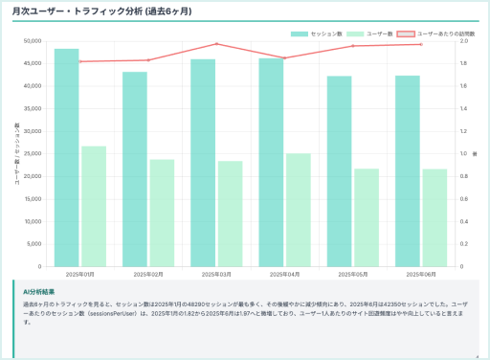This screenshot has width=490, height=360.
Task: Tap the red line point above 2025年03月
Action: tap(216, 44)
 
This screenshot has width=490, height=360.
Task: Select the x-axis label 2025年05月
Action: tap(352, 274)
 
